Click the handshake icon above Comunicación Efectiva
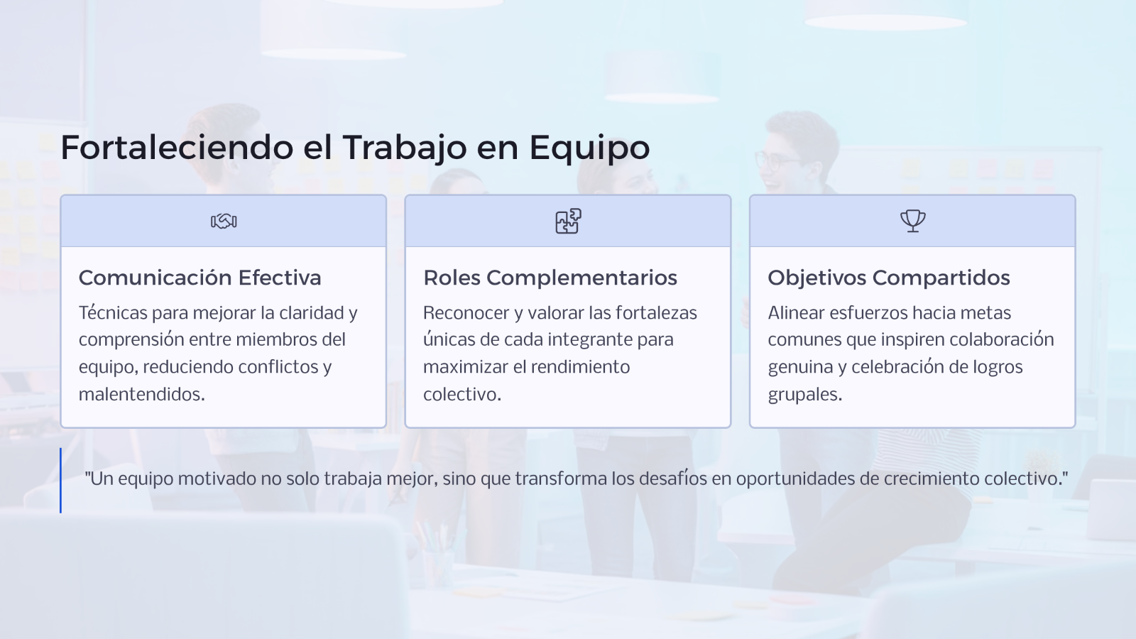point(224,221)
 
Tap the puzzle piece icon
point(568,221)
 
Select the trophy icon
point(913,221)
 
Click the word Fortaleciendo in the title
point(177,148)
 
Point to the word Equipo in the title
point(589,148)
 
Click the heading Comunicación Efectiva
point(200,278)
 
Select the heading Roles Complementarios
point(550,278)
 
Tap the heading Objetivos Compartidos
point(889,278)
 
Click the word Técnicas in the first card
point(113,312)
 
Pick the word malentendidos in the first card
point(142,394)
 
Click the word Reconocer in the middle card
point(466,313)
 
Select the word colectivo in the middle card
point(462,394)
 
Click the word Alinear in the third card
point(796,313)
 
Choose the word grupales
point(805,395)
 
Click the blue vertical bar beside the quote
point(61,480)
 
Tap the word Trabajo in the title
point(405,148)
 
